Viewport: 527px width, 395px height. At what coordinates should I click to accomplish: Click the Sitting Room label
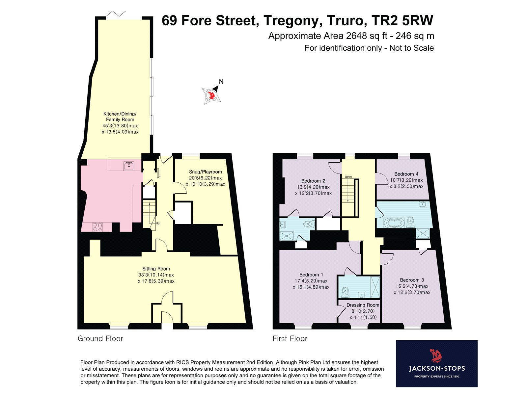tap(156, 269)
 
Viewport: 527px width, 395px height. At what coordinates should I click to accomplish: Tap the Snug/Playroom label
tap(205, 172)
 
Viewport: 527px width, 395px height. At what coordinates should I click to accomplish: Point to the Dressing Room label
tap(363, 305)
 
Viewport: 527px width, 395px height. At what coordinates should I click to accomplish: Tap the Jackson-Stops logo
tap(436, 363)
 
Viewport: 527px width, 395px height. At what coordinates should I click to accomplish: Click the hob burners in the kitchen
tap(97, 227)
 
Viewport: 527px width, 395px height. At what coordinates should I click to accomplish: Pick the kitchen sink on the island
tap(129, 166)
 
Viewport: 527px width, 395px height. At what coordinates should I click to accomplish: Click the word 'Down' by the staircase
tap(348, 177)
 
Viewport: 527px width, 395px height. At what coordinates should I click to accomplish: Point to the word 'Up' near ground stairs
tap(158, 223)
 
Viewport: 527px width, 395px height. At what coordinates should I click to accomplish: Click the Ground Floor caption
tap(100, 338)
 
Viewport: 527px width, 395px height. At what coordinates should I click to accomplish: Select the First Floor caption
tap(290, 338)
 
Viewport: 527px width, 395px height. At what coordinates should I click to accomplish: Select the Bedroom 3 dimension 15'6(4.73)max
tap(412, 286)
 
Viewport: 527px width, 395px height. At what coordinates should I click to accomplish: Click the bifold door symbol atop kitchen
tap(116, 14)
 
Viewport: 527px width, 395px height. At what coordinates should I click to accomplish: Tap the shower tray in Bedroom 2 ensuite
tap(287, 235)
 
